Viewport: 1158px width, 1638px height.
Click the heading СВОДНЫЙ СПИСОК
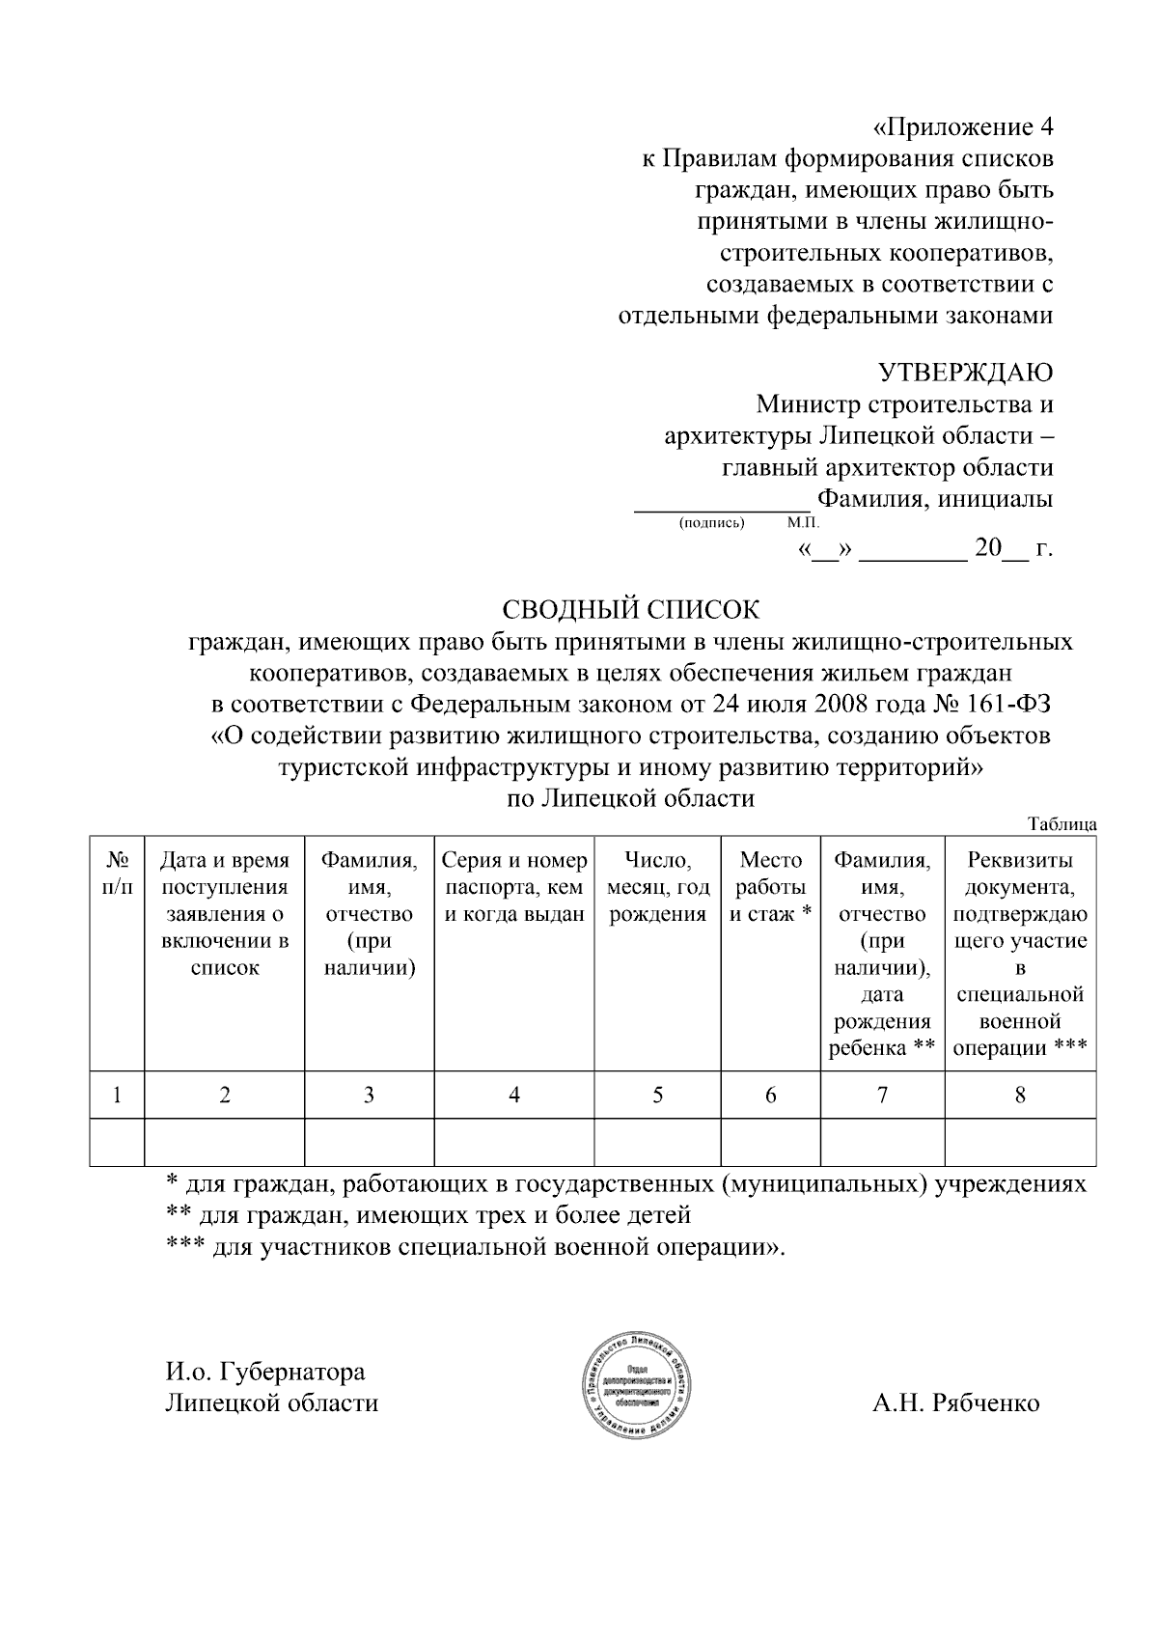click(631, 610)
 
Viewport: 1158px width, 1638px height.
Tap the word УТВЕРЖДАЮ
click(965, 372)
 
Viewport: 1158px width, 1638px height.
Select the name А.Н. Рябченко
click(956, 1402)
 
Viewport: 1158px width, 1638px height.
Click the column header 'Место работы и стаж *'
click(770, 887)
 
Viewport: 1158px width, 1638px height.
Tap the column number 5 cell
click(657, 1095)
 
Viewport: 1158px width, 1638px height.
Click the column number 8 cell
click(1020, 1095)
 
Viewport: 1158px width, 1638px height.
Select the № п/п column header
click(117, 873)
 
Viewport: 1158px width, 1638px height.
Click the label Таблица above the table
click(1062, 824)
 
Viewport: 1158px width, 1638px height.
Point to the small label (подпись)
click(712, 523)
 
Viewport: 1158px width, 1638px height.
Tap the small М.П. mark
click(802, 523)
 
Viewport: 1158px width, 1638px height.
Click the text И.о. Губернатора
click(265, 1372)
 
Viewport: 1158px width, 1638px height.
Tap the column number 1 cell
click(117, 1095)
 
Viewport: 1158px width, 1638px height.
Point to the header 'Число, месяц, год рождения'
click(657, 887)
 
